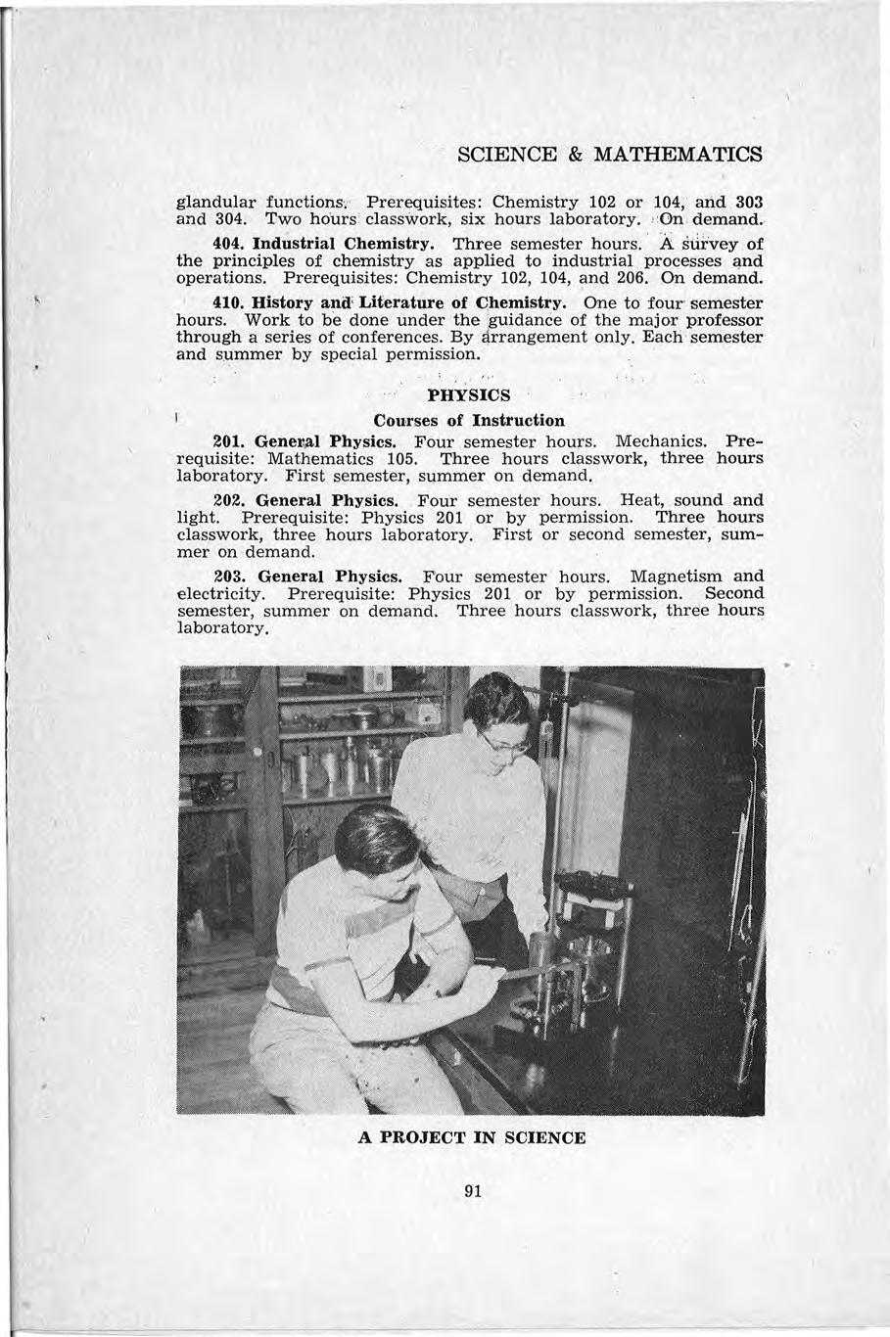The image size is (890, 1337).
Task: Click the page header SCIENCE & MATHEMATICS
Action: tap(610, 155)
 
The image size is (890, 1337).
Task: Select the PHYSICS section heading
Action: tap(469, 395)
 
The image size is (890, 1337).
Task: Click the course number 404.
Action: tap(228, 242)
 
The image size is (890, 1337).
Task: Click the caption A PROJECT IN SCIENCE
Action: tap(471, 1137)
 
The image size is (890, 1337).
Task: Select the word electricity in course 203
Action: tap(220, 593)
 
